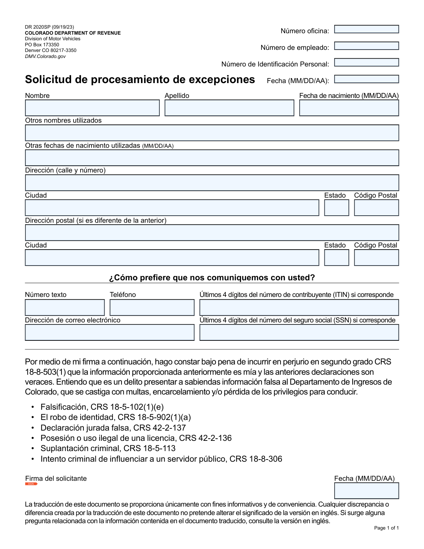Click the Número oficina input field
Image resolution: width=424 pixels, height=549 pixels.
[366, 29]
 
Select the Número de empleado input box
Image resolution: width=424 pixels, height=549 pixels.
[366, 46]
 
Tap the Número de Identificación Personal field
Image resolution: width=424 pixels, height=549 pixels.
[366, 63]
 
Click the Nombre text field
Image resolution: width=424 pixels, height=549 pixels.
[92, 108]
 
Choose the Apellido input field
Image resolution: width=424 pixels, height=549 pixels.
[229, 108]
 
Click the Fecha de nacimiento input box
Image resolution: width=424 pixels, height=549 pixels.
[349, 108]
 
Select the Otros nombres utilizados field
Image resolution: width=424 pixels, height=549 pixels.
[212, 133]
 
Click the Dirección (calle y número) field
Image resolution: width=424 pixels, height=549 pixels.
[212, 183]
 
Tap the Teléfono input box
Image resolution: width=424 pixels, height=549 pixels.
[152, 308]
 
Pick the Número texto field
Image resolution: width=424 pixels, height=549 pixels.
[65, 308]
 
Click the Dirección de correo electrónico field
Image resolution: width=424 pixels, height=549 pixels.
[110, 333]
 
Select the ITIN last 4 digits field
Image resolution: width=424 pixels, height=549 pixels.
[299, 308]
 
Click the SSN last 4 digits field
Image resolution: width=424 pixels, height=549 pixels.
[299, 333]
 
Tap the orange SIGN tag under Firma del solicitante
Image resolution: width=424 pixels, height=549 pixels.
[31, 484]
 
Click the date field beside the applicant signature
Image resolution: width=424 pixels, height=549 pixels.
[366, 491]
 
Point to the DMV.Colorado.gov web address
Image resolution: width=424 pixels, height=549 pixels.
[45, 57]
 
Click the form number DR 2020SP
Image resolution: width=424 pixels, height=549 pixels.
[38, 27]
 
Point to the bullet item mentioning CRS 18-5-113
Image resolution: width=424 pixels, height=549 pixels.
[108, 449]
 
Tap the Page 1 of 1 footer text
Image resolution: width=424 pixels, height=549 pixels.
[386, 528]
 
